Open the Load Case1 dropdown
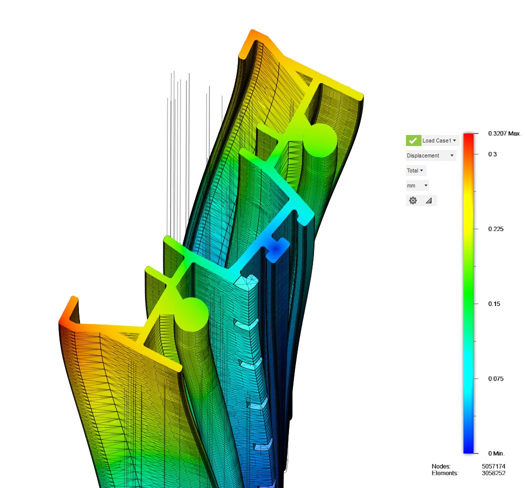[x=439, y=140]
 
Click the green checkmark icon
[x=413, y=140]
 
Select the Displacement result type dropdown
[x=430, y=155]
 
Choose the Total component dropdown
[x=415, y=170]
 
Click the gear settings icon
[x=413, y=200]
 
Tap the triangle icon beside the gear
[x=428, y=200]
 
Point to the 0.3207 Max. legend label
[x=504, y=134]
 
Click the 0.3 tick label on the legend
[x=492, y=154]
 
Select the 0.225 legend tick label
[x=495, y=229]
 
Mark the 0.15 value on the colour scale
[x=494, y=304]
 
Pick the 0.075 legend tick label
[x=495, y=378]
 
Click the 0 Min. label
[x=496, y=453]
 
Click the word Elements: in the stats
[x=444, y=473]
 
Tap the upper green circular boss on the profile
[x=319, y=138]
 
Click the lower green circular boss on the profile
[x=191, y=314]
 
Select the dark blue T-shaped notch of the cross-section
[x=276, y=248]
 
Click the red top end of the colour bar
[x=468, y=137]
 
